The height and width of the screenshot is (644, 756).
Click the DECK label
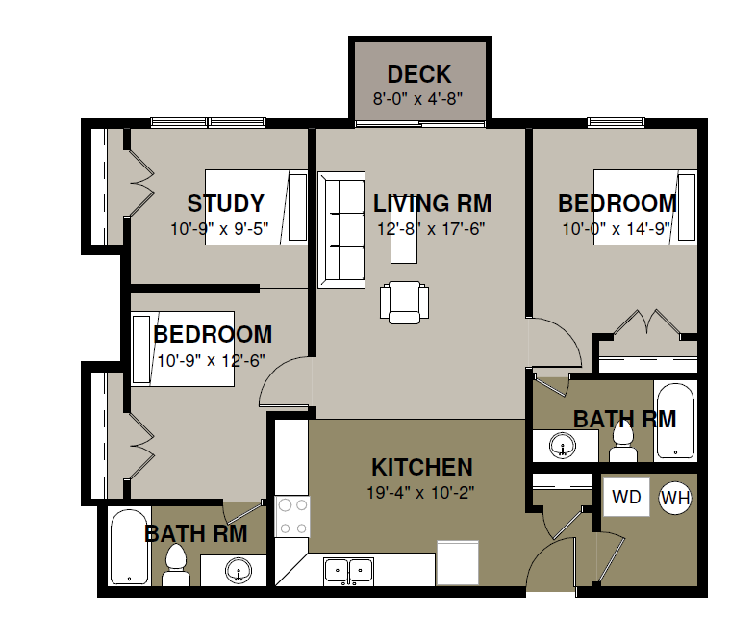point(419,75)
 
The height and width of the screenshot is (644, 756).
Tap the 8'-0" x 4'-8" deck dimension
point(417,99)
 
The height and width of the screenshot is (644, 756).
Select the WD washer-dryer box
point(626,498)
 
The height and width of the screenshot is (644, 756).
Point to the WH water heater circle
point(675,498)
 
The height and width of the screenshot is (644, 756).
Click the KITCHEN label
point(422,467)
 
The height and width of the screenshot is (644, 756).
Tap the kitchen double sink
point(348,570)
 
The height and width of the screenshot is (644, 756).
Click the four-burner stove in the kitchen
point(292,517)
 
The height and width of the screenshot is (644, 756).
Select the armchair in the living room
point(404,302)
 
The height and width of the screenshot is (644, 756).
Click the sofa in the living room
point(341,230)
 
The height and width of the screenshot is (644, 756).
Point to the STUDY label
point(226,203)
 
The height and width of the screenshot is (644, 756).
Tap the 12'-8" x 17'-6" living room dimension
point(431,229)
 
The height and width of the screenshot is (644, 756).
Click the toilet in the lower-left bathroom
point(175,565)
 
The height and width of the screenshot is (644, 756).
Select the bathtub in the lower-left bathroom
point(130,547)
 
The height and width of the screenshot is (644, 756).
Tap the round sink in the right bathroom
point(562,445)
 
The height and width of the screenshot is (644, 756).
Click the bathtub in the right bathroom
point(675,421)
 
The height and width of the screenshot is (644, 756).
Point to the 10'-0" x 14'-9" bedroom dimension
point(617,229)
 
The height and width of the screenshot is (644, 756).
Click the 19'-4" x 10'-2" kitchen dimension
point(420,493)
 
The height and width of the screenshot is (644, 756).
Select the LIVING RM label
point(433,203)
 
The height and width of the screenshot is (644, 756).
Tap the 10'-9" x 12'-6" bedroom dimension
point(211,360)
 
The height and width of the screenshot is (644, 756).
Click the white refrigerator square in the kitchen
point(458,562)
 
